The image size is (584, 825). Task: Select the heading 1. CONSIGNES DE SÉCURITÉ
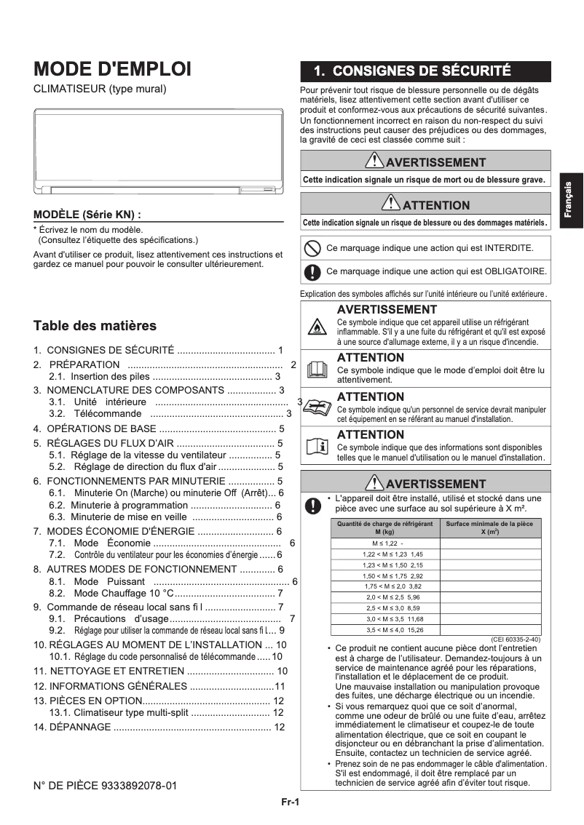tap(411, 71)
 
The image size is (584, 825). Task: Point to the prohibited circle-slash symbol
tap(312, 248)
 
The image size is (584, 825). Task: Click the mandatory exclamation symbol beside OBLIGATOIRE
tap(312, 272)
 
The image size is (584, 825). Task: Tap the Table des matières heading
tap(95, 325)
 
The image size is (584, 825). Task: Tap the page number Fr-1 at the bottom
tap(291, 803)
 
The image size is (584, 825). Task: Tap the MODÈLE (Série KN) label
tap(87, 215)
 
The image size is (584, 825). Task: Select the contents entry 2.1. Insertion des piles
tap(165, 376)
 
